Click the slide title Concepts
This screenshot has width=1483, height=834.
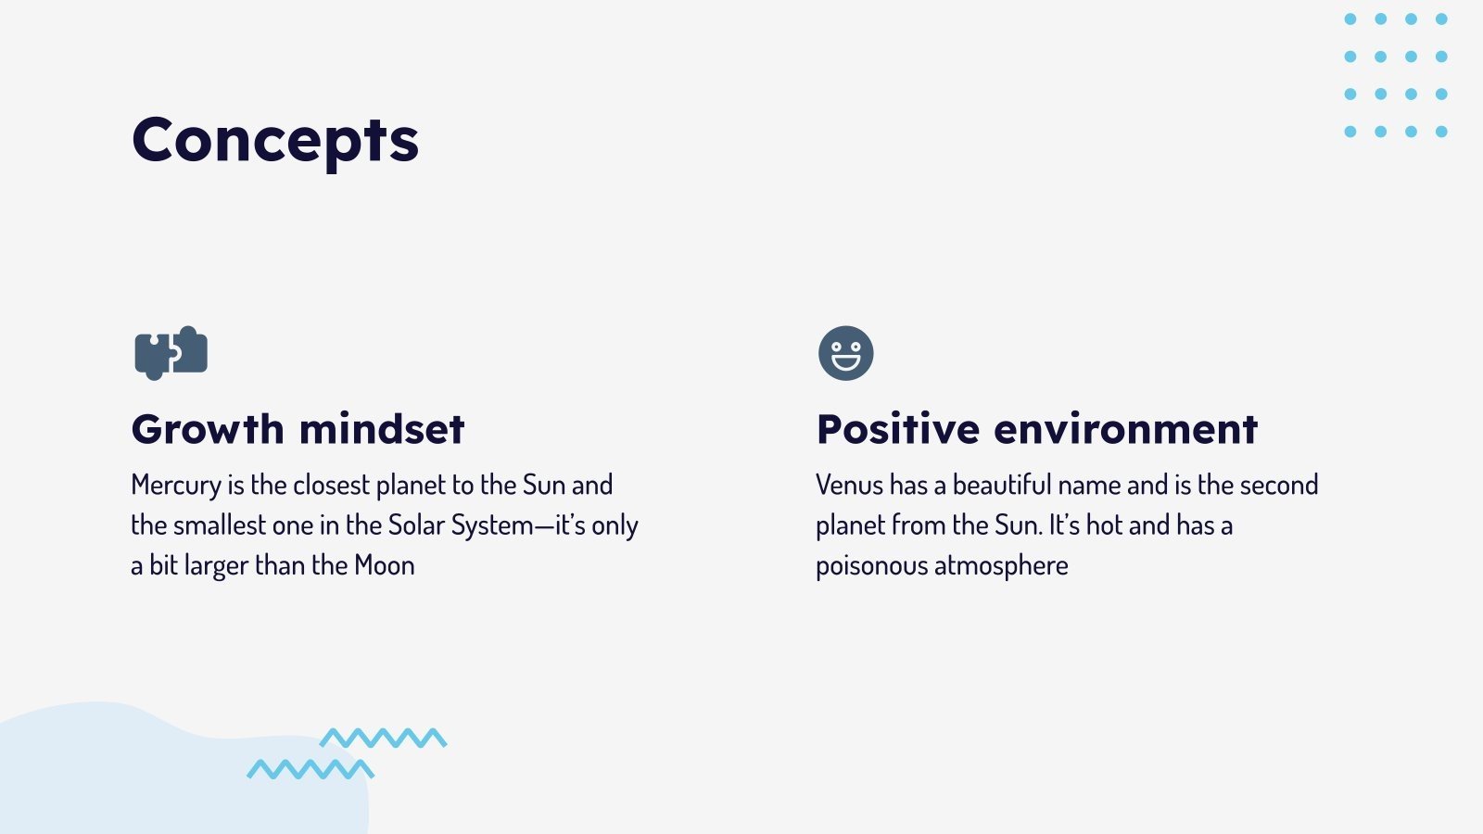pyautogui.click(x=275, y=141)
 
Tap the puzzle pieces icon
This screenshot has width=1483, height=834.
pyautogui.click(x=171, y=353)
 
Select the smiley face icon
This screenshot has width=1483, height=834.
pyautogui.click(x=845, y=353)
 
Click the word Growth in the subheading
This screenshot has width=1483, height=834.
pyautogui.click(x=208, y=429)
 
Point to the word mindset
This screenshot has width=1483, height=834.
pyautogui.click(x=382, y=429)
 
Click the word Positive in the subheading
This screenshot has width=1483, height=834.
pyautogui.click(x=898, y=429)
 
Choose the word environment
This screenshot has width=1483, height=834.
pyautogui.click(x=1125, y=429)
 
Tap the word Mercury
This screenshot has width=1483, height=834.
pyautogui.click(x=176, y=486)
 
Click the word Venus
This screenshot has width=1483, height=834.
pyautogui.click(x=849, y=486)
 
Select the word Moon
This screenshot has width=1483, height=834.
pyautogui.click(x=385, y=566)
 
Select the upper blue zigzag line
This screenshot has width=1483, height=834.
pyautogui.click(x=384, y=738)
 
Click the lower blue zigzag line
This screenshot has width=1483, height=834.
pyautogui.click(x=311, y=769)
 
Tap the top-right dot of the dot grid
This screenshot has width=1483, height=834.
pyautogui.click(x=1441, y=19)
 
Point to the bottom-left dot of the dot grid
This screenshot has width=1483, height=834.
pyautogui.click(x=1350, y=132)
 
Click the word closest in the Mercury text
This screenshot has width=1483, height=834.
pyautogui.click(x=332, y=486)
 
